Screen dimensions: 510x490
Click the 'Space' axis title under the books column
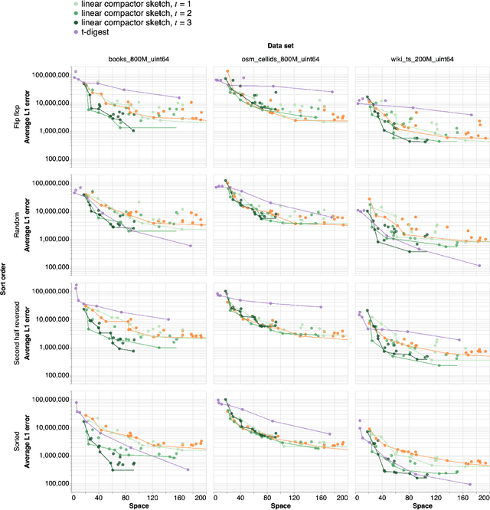pos(139,505)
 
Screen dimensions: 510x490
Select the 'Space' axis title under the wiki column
pos(420,505)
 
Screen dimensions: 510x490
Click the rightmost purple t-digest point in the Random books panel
pos(190,246)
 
